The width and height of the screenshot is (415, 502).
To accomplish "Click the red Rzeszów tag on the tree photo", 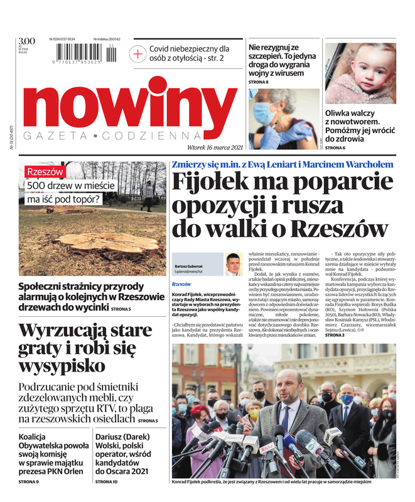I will (x=44, y=171).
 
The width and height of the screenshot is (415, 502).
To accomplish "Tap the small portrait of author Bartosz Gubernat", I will (x=233, y=264).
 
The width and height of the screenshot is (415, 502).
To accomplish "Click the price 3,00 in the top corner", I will (x=26, y=41).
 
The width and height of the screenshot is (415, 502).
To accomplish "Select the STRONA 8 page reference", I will (x=258, y=82).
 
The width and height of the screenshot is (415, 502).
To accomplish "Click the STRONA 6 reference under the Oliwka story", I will (x=335, y=147).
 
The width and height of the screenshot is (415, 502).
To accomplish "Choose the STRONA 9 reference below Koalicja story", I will (x=29, y=481).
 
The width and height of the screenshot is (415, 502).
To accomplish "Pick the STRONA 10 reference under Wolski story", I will (x=106, y=481).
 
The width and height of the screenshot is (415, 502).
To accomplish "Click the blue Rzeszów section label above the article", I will (x=181, y=284).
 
